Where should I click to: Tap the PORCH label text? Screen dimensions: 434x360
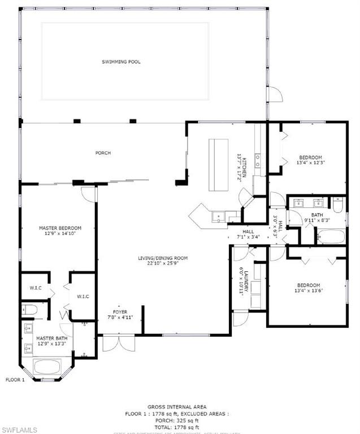click(x=103, y=153)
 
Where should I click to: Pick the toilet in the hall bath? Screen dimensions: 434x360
click(x=337, y=205)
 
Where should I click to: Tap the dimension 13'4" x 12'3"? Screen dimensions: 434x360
click(x=310, y=163)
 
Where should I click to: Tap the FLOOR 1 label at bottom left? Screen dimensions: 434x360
click(x=15, y=380)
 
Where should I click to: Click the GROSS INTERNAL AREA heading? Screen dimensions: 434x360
click(x=177, y=407)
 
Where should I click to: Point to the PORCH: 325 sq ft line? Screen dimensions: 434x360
click(x=177, y=420)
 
